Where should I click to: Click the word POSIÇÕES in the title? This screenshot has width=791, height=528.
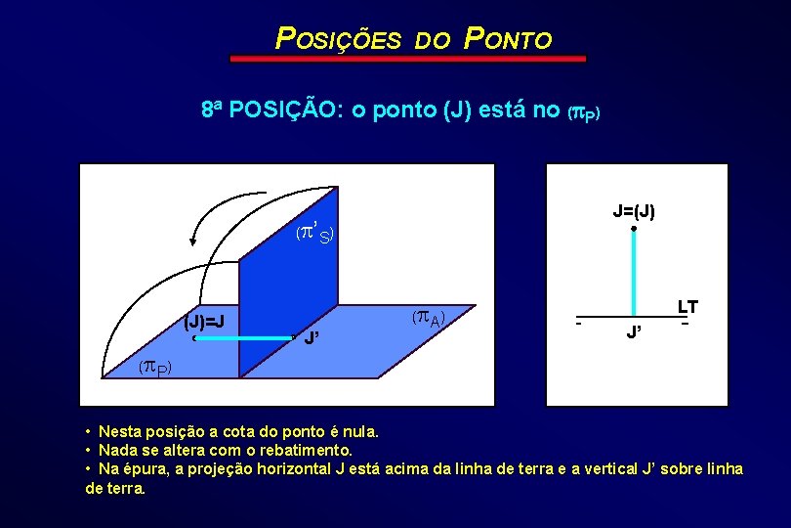(x=338, y=39)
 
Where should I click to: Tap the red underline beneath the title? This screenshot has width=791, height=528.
(x=408, y=59)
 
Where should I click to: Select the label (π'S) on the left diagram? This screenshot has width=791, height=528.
(x=316, y=234)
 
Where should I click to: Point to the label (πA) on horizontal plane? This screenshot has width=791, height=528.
(x=428, y=317)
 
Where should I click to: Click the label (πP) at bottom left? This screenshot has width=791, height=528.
(x=153, y=368)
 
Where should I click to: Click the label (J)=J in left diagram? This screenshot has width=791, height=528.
(x=205, y=321)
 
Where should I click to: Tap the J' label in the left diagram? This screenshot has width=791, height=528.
(x=313, y=339)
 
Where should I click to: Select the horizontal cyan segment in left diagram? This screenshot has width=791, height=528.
(x=244, y=338)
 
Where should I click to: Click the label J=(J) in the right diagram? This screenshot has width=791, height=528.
(x=634, y=210)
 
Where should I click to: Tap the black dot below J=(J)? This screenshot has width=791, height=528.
(x=634, y=230)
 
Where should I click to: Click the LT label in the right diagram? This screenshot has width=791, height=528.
(x=688, y=307)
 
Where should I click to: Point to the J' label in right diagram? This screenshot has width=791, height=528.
(x=634, y=333)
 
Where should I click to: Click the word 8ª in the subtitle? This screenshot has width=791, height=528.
(x=212, y=109)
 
